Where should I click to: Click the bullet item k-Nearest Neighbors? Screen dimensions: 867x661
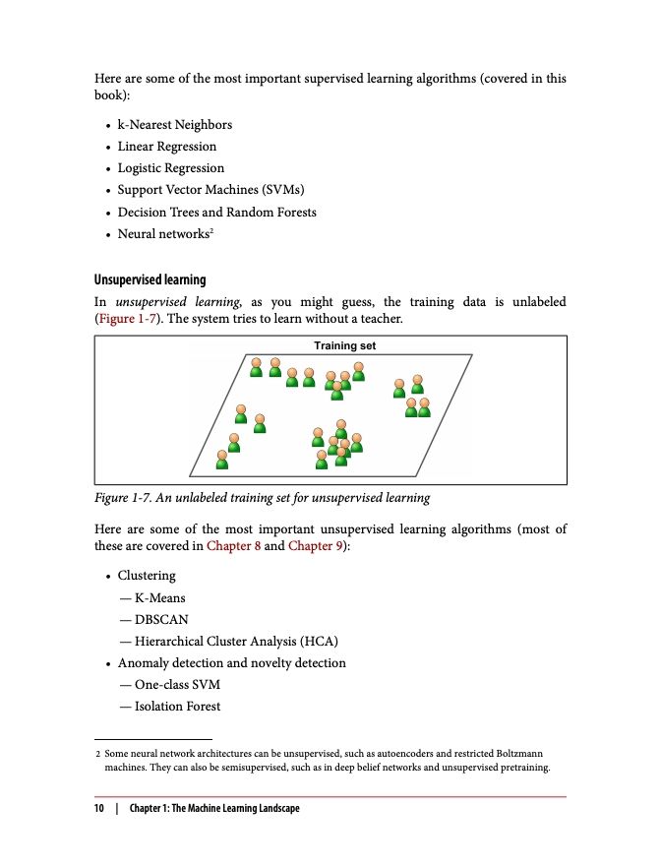(x=174, y=125)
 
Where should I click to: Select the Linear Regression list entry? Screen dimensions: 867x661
(x=166, y=147)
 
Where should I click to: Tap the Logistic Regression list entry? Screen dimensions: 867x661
(x=170, y=168)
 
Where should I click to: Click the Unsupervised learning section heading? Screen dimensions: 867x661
(x=150, y=280)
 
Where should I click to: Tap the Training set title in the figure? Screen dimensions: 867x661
(x=344, y=346)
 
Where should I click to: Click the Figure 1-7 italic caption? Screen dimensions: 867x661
(x=262, y=498)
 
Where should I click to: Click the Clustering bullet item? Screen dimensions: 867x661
(x=147, y=576)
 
